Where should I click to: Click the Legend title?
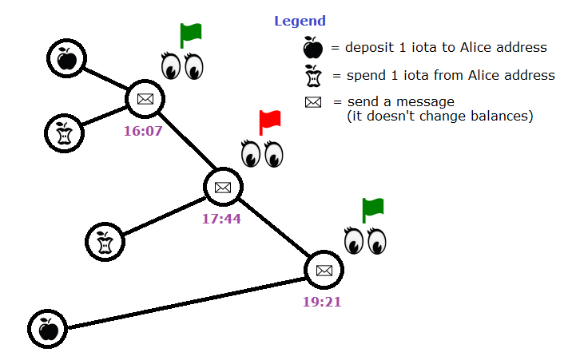[300, 21]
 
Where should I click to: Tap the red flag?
[270, 122]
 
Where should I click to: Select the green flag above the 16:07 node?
[190, 35]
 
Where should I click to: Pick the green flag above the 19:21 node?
[373, 209]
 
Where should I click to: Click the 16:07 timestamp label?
[143, 130]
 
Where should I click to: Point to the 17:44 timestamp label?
[221, 218]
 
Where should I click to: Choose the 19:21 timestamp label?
[323, 302]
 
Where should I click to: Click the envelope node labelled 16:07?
[145, 99]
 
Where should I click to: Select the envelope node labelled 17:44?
[223, 187]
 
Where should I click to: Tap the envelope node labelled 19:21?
[324, 270]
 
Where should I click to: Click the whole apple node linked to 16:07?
[67, 58]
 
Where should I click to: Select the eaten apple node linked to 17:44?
[105, 242]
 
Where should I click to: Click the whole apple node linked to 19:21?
[48, 329]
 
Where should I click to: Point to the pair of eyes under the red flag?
[263, 153]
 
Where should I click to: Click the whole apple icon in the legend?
[313, 48]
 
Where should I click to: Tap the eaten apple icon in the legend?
[313, 76]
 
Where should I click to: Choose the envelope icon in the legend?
[313, 102]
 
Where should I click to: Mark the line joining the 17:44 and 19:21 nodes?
[273, 228]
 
